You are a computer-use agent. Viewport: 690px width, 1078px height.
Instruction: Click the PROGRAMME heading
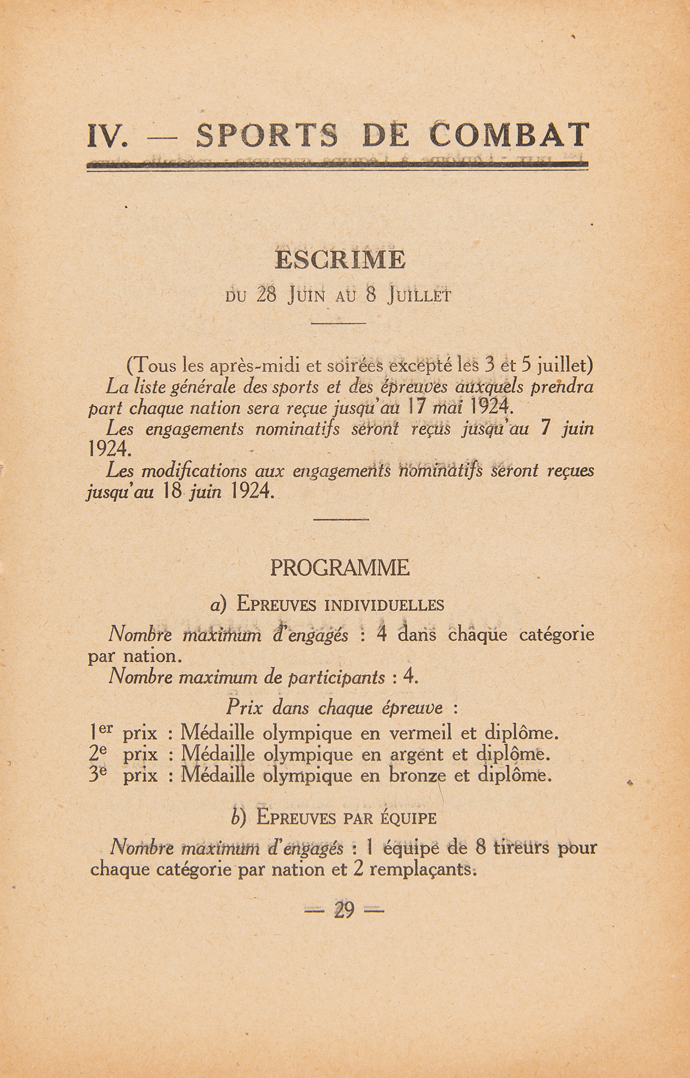pos(340,569)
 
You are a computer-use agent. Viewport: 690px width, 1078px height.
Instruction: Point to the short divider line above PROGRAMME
pos(340,520)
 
